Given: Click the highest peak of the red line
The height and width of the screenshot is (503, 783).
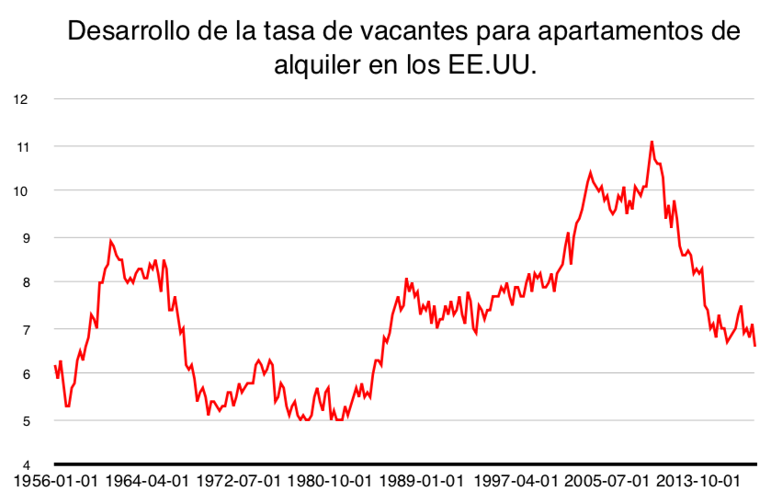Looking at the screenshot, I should point(652,142).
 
